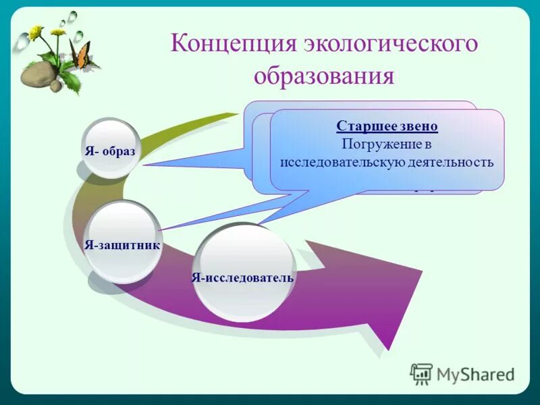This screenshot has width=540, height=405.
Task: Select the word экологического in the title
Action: click(x=390, y=44)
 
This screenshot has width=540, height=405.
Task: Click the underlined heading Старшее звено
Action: click(x=387, y=126)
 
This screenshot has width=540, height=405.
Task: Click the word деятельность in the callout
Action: click(x=450, y=162)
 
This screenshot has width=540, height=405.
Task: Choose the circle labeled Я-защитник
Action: click(x=123, y=242)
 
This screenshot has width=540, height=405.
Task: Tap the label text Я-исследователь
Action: click(x=242, y=277)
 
